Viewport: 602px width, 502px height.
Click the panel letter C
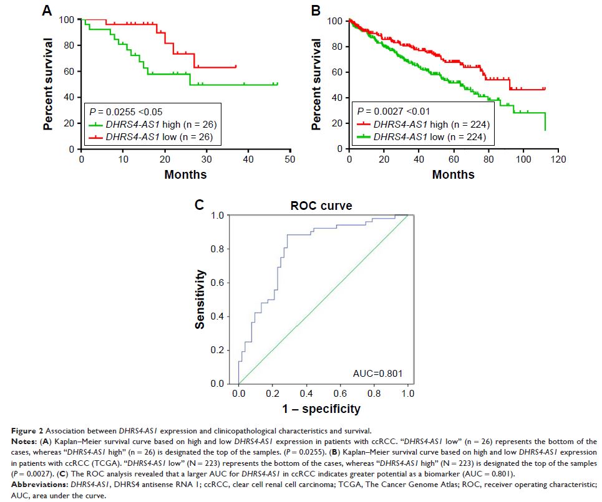199,206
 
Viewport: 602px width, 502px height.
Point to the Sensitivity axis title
201,299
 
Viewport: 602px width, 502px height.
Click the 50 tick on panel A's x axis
289,160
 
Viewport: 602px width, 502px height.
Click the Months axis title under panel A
185,175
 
